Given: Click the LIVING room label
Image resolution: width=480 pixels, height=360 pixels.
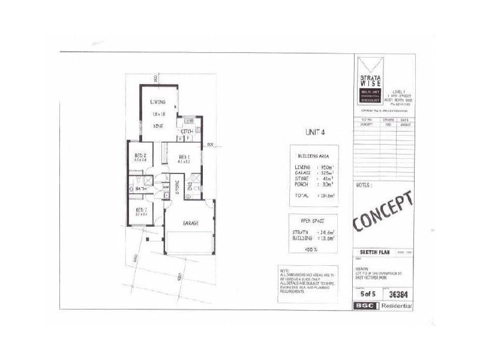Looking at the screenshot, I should pos(158,103).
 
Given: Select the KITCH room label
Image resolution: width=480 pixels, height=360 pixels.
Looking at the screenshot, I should pos(187,131).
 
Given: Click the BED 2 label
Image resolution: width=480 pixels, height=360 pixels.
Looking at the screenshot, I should pos(142,156).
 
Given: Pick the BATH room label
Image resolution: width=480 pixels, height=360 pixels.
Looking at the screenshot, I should pos(141,189).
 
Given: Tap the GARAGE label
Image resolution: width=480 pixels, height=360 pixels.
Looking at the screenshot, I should pos(188,223).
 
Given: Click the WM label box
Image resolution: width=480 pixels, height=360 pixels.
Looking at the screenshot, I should pos(166,187).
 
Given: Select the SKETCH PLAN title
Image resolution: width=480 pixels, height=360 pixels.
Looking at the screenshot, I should pos(376,253).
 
